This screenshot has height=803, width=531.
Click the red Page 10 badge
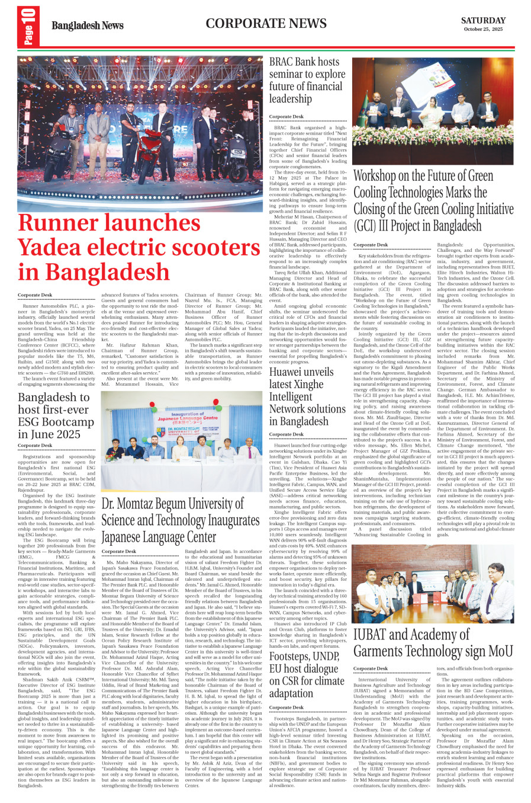point(28,27)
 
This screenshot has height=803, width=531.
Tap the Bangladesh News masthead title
point(88,25)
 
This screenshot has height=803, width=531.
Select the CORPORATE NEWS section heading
point(266,24)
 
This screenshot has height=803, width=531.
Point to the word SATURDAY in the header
point(483,20)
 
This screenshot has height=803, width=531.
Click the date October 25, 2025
point(483,29)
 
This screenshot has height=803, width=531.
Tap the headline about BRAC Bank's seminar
point(307,80)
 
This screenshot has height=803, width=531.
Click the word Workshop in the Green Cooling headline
point(375,176)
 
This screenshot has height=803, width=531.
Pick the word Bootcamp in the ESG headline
point(67,422)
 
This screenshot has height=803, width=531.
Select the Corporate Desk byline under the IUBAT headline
point(371,668)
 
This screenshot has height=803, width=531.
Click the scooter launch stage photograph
point(140,133)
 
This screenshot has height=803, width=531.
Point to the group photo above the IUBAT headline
point(433,584)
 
